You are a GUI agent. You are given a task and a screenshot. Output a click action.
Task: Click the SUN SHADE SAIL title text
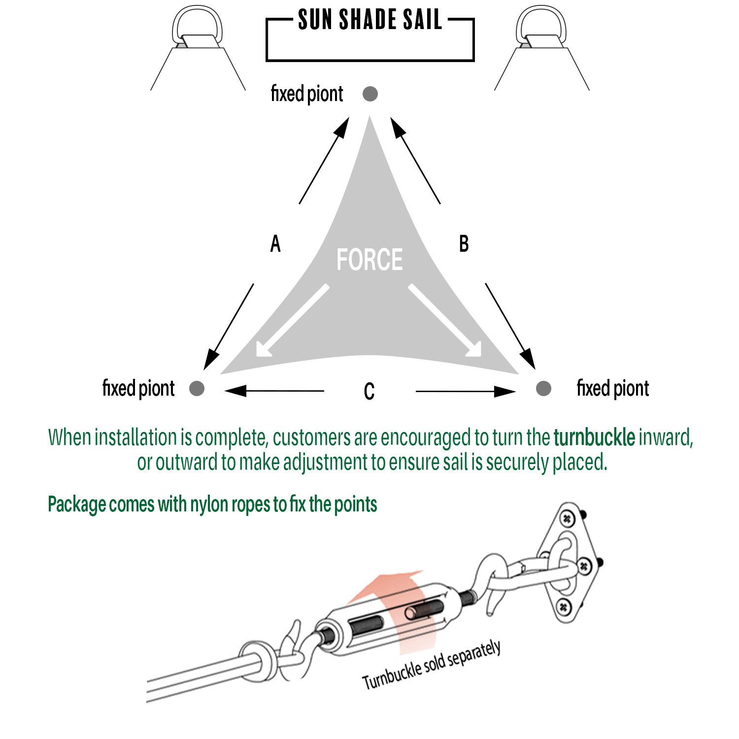[x=369, y=20]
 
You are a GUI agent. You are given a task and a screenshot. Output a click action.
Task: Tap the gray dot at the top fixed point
[x=370, y=94]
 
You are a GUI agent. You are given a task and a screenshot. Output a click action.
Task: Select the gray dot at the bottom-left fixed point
[x=197, y=388]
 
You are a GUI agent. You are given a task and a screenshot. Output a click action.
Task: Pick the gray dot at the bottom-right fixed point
[x=543, y=388]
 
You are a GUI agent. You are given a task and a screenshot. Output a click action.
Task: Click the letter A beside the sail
[x=275, y=244]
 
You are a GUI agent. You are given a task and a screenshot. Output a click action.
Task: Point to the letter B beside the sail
[x=464, y=244]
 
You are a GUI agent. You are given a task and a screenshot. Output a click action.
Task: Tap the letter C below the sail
[x=369, y=392]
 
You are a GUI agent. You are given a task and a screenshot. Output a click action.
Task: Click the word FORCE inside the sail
[x=369, y=260]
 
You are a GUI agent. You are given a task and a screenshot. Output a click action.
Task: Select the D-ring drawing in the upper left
[x=197, y=29]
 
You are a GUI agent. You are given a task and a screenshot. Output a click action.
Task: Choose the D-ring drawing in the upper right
[x=541, y=29]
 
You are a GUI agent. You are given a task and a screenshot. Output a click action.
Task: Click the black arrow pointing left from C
[x=274, y=391]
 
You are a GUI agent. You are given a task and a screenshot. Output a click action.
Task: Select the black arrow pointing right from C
[x=466, y=391]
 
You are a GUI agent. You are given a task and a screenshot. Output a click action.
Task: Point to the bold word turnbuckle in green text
[x=594, y=437]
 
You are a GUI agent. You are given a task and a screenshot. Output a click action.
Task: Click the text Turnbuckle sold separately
[x=432, y=665]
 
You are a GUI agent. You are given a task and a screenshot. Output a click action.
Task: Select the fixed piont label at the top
[x=306, y=94]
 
